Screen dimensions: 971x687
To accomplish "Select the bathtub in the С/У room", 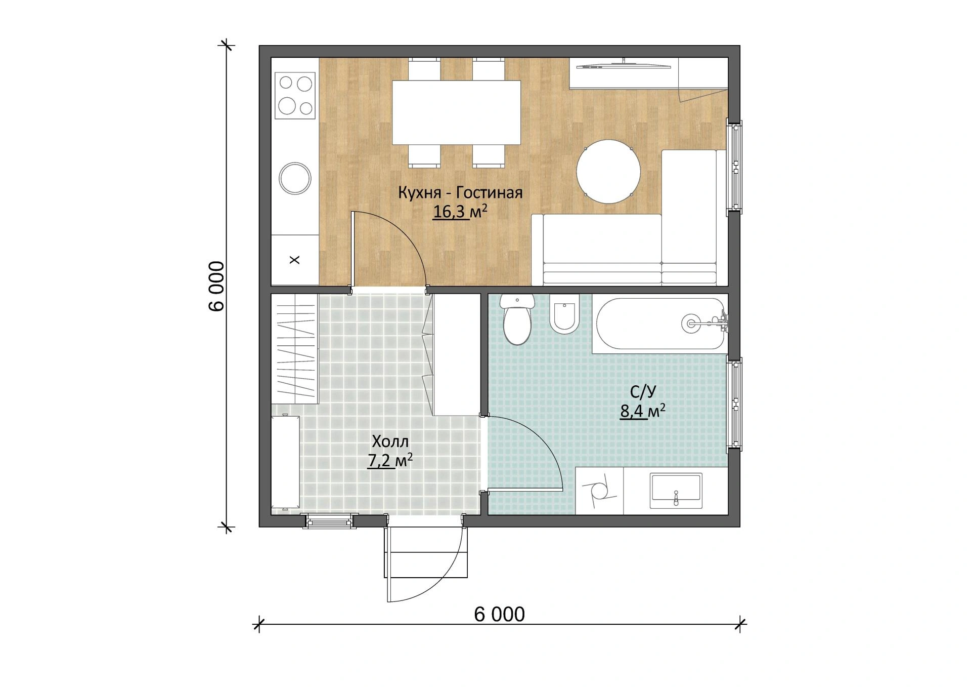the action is click(660, 324).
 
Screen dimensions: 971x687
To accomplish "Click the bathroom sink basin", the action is click(676, 491).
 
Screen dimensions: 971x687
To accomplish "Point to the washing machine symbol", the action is click(600, 491).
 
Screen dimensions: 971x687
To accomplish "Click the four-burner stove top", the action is click(295, 94).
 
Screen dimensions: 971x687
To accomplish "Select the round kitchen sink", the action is click(295, 178).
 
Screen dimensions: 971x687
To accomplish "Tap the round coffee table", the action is click(609, 171).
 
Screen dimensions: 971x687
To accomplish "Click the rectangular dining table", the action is click(457, 112).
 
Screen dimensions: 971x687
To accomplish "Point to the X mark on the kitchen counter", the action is click(294, 260).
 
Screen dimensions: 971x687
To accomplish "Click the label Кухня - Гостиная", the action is click(460, 193).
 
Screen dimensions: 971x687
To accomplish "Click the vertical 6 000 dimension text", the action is click(215, 286).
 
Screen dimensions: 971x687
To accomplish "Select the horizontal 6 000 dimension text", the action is click(499, 614).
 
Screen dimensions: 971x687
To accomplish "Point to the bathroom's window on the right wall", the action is click(734, 403).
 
